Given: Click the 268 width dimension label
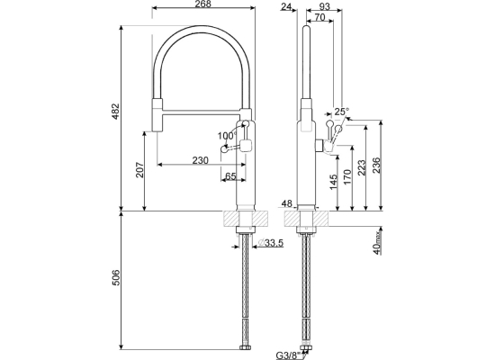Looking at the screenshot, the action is tap(202, 4).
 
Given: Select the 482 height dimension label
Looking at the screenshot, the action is tap(116, 112).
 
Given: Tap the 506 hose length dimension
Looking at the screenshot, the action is tap(116, 277).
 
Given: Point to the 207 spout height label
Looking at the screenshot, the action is tap(139, 169).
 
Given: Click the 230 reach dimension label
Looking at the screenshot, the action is tap(201, 160).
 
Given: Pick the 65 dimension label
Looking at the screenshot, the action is tap(230, 175).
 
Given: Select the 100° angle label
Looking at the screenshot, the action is tap(227, 136).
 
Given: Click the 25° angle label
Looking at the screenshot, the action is tap(342, 112).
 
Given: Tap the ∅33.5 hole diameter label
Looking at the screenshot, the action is tap(271, 243).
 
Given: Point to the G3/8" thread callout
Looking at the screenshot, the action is tap(288, 355).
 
